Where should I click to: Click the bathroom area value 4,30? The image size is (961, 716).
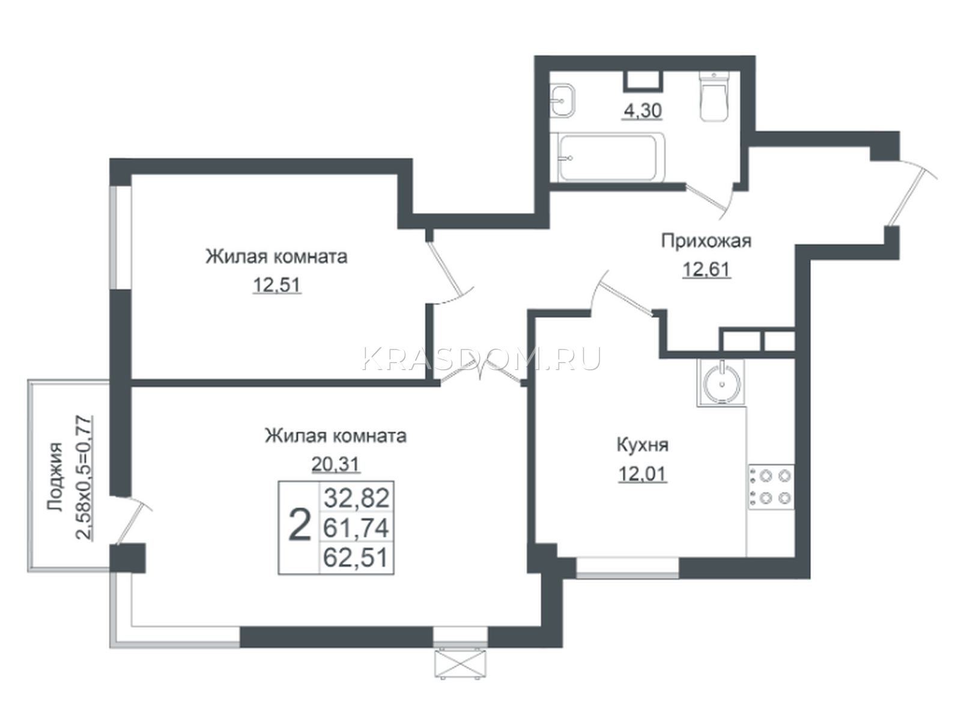(x=643, y=111)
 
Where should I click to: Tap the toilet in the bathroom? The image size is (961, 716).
(x=715, y=96)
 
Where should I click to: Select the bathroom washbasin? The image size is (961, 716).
(x=563, y=100)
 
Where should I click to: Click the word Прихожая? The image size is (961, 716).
(x=706, y=240)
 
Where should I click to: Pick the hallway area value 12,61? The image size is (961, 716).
(x=707, y=269)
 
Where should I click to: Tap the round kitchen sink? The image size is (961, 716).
(x=721, y=383)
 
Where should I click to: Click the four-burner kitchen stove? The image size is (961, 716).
(x=771, y=487)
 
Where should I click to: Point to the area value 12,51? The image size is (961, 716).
(x=276, y=286)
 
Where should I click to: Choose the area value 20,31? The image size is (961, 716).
(x=336, y=464)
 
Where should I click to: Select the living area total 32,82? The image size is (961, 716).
(x=357, y=498)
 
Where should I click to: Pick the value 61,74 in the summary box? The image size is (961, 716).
(x=356, y=528)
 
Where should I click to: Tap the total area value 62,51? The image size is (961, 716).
(x=356, y=558)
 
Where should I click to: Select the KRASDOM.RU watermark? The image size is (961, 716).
(x=481, y=358)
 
